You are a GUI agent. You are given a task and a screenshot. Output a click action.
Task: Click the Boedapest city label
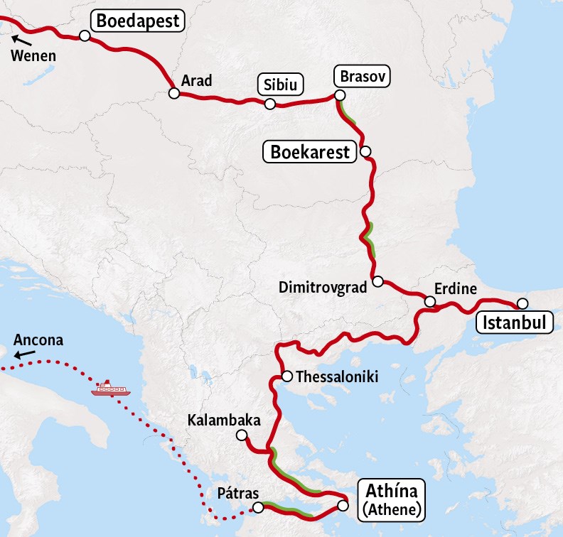(x=139, y=21)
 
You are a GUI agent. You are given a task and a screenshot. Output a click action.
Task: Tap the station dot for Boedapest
(x=85, y=36)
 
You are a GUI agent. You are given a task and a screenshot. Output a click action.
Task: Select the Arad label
(x=196, y=81)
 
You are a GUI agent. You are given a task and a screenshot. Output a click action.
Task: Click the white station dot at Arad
(x=173, y=93)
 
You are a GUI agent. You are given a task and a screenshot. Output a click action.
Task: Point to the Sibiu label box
(x=280, y=85)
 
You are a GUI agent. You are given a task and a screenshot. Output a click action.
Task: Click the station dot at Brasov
(x=340, y=95)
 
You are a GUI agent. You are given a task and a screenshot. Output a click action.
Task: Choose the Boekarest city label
(x=310, y=152)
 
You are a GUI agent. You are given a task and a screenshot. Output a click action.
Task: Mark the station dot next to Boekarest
(x=365, y=151)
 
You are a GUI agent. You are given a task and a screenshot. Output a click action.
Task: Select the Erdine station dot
(x=430, y=302)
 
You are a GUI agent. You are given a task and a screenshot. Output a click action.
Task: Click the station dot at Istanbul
(x=522, y=303)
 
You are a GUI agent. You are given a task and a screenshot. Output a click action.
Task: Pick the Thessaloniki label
(x=336, y=376)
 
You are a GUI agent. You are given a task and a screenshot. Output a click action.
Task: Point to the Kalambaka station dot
(x=242, y=435)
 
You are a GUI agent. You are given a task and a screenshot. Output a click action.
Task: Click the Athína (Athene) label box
(x=393, y=498)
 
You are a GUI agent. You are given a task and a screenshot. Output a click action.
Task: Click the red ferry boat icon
(x=109, y=389)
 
